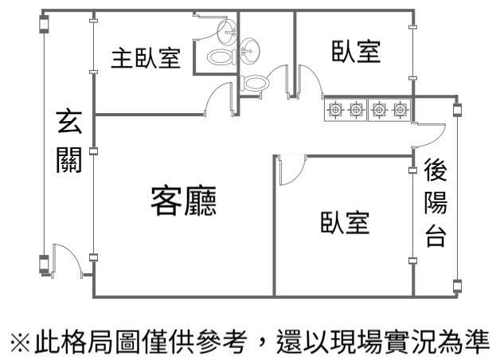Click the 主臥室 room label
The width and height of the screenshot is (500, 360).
[145, 59]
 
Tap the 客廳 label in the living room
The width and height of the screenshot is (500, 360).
[184, 202]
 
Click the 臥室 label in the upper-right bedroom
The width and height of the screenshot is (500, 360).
[356, 53]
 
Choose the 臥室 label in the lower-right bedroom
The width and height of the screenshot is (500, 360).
[345, 224]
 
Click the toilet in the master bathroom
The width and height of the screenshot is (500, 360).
[219, 57]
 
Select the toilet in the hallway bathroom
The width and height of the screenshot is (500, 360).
[256, 82]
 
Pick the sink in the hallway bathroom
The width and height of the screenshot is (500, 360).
[251, 49]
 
